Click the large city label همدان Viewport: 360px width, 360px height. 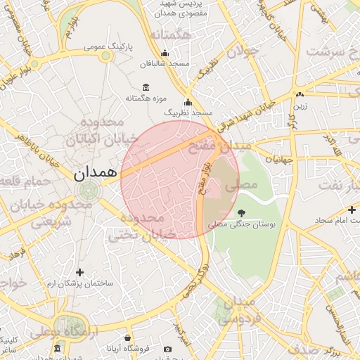tap(93, 171)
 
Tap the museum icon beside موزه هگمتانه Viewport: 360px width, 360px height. tap(146, 87)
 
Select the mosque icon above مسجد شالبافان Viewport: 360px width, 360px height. tap(165, 53)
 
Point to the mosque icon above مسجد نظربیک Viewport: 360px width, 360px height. tap(188, 102)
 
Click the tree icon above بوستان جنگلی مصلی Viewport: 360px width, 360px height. tap(242, 212)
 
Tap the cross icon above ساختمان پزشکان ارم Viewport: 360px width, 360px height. tap(79, 272)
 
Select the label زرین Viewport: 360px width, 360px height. tap(300, 105)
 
